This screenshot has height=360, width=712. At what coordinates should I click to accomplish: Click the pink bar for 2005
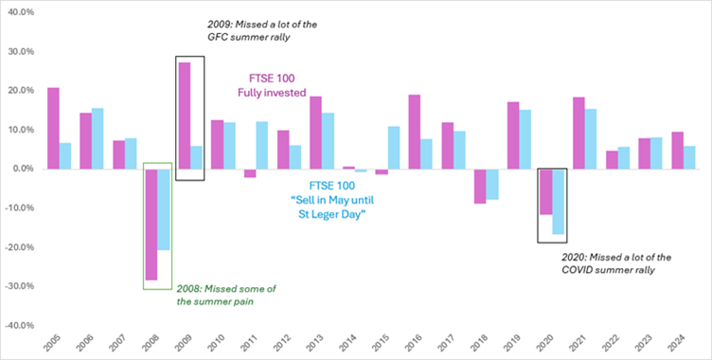pos(53,129)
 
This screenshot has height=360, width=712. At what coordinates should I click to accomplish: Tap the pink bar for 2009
pos(185,116)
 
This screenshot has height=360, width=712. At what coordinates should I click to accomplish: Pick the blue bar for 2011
pos(262,146)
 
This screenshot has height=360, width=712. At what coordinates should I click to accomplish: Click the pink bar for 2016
pos(414,133)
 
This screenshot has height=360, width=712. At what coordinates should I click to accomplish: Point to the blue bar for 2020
pos(558,202)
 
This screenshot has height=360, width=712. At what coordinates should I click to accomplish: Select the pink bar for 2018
pos(480,187)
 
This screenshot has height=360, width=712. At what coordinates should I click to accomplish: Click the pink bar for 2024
pos(678,151)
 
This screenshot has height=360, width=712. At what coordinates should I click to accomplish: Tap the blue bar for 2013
pos(328,141)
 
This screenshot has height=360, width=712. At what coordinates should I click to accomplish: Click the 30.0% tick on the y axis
pos(21,52)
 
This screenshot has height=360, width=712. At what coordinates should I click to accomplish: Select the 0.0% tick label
pos(23,169)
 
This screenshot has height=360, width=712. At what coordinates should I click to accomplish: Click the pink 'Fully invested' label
pos(272,93)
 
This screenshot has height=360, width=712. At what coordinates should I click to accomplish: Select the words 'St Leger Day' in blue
pos(337,215)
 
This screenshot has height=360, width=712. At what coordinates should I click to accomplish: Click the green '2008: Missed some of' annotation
pos(226,289)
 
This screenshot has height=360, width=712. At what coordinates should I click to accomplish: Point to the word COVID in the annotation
pos(577,270)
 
